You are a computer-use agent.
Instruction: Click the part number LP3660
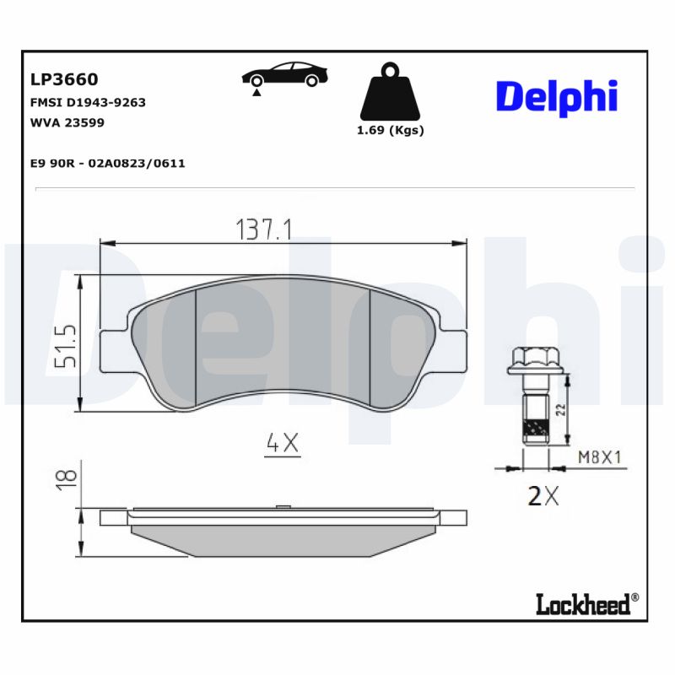tap(64, 79)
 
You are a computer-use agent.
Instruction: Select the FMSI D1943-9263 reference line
tap(88, 102)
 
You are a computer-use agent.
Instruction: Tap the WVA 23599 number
tap(67, 122)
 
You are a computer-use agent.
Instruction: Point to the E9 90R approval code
tap(107, 163)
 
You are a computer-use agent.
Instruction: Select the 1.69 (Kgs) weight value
tap(390, 131)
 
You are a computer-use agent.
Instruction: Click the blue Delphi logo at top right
tap(556, 96)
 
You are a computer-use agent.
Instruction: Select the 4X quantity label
tap(283, 443)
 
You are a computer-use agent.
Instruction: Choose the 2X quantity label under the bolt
tap(543, 496)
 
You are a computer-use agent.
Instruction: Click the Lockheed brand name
tap(583, 604)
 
